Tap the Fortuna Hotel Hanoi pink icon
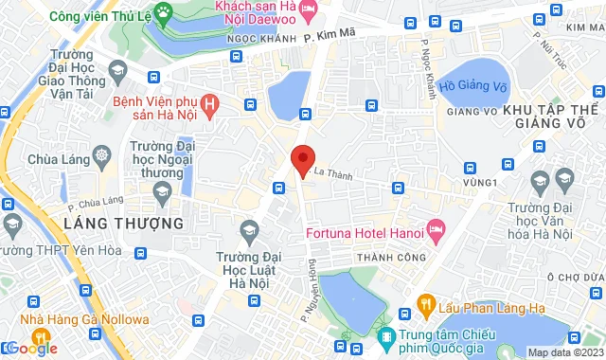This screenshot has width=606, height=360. click(x=436, y=230)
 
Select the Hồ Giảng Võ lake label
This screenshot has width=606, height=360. click(x=474, y=85)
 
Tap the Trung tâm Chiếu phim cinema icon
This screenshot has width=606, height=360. click(x=386, y=337)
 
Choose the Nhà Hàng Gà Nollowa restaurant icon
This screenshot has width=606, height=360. click(x=12, y=319)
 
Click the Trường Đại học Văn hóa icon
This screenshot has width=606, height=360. click(x=540, y=180)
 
